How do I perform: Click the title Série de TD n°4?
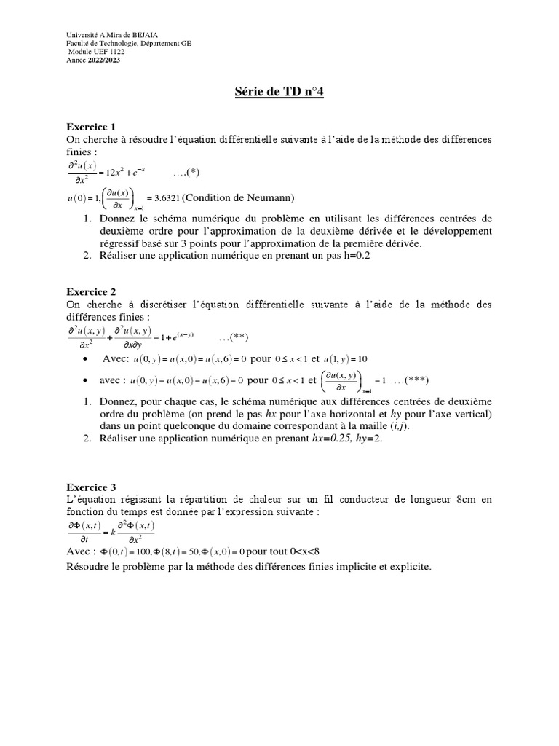(279, 93)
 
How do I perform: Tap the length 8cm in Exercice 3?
(469, 499)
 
